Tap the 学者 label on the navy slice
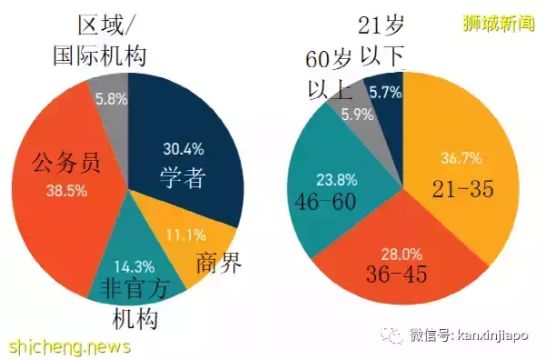(183, 177)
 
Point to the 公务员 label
(65, 164)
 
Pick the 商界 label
(220, 264)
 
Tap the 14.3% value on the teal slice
(135, 268)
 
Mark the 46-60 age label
(324, 201)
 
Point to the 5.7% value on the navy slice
(385, 92)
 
